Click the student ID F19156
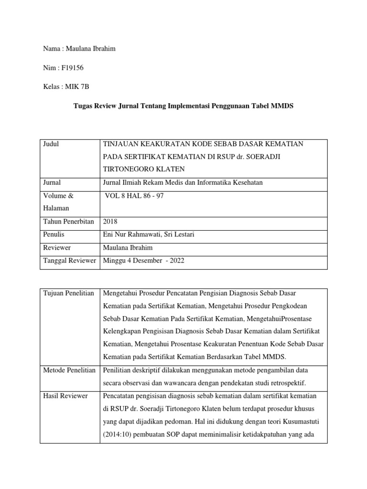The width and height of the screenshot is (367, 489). click(71, 68)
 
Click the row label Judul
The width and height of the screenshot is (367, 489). click(51, 144)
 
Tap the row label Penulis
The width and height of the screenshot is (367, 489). click(54, 234)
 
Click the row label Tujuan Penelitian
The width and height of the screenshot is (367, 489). click(68, 292)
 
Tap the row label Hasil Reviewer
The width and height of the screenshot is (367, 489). click(65, 395)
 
